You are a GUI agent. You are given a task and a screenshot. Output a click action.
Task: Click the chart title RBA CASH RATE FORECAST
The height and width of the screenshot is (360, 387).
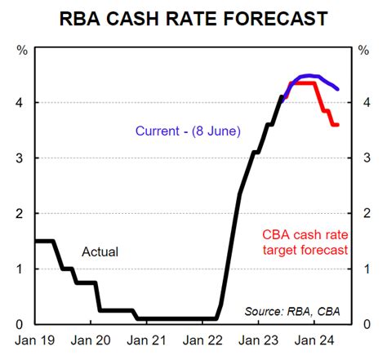coord(193,18)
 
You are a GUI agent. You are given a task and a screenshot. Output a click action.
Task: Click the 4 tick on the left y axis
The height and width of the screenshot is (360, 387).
coord(20,102)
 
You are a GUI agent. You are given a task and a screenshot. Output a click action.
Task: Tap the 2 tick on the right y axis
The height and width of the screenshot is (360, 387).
coord(365,213)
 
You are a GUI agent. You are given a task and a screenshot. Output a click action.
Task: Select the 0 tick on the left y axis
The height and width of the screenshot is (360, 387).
coord(20,324)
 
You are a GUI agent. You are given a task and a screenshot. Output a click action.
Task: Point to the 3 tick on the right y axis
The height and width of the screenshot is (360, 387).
coord(365,158)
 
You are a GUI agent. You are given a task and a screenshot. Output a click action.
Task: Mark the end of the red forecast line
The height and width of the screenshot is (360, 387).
coord(337,125)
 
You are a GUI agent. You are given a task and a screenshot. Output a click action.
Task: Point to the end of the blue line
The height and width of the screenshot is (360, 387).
coord(339,89)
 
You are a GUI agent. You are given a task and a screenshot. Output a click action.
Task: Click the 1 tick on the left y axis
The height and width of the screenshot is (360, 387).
coord(20,269)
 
